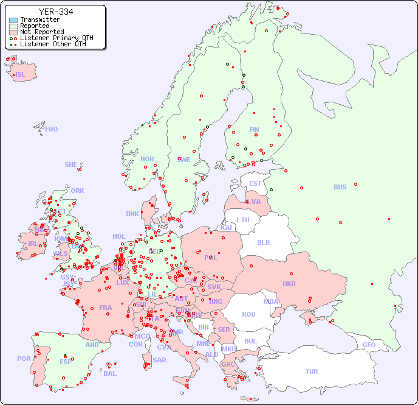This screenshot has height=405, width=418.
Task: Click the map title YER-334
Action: (x=56, y=12)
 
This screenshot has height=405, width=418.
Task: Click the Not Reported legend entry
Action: (x=41, y=32)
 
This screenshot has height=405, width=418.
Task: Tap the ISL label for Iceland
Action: (x=21, y=75)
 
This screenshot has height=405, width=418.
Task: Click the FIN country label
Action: (x=254, y=130)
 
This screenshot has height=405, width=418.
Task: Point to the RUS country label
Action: (x=340, y=187)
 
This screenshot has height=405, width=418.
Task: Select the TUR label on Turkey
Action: (x=312, y=372)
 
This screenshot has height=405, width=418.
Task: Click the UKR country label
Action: (x=289, y=284)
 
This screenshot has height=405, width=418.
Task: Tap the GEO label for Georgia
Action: (x=369, y=345)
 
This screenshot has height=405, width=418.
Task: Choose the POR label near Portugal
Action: (x=24, y=359)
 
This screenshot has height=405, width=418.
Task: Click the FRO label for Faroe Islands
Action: (x=52, y=129)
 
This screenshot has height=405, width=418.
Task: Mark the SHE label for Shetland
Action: (x=71, y=164)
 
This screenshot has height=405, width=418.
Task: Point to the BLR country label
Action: (x=263, y=242)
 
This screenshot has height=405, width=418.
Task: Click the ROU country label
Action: (x=248, y=314)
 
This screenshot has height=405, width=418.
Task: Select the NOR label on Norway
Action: (x=147, y=159)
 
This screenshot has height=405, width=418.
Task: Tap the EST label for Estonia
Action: (x=255, y=183)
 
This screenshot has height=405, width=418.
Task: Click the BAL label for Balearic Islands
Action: (x=109, y=373)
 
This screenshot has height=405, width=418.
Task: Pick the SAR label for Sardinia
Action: (x=159, y=360)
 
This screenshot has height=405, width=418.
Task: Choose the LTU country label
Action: (x=243, y=220)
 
